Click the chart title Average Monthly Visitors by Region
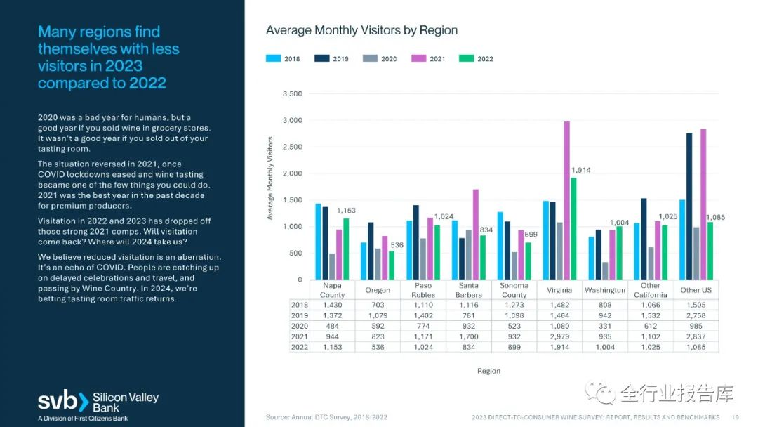pyautogui.click(x=361, y=30)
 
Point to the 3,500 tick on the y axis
pyautogui.click(x=291, y=94)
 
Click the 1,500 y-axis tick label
pyautogui.click(x=291, y=200)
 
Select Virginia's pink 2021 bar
pyautogui.click(x=567, y=200)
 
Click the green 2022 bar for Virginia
pyautogui.click(x=573, y=228)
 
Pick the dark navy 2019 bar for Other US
pyautogui.click(x=689, y=206)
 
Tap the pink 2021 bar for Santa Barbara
pyautogui.click(x=475, y=234)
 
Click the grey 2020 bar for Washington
pyautogui.click(x=604, y=270)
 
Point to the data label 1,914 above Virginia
pyautogui.click(x=581, y=171)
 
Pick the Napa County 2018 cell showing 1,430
pyautogui.click(x=332, y=305)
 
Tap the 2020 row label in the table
pyautogui.click(x=299, y=327)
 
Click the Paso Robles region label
pyautogui.click(x=423, y=291)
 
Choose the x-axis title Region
pyautogui.click(x=488, y=371)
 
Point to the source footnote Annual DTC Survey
pyautogui.click(x=326, y=417)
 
